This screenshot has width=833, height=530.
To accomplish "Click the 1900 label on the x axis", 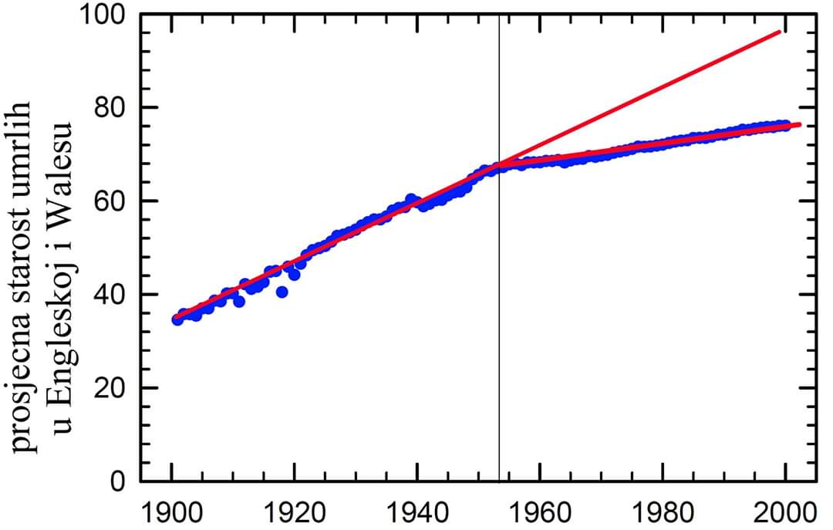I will (172, 511).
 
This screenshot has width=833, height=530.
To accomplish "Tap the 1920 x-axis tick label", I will (294, 511).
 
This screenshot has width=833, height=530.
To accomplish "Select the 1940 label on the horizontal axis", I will (416, 511).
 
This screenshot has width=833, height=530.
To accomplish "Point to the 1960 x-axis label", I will (539, 511).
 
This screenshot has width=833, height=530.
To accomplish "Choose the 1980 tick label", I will (662, 511).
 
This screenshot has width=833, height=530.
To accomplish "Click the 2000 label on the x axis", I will (784, 511).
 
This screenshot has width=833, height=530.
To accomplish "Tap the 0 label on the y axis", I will (117, 481).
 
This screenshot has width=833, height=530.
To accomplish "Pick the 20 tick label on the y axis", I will (108, 388).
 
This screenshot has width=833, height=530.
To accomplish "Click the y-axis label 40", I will (108, 295).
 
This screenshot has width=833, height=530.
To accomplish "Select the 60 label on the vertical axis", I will (108, 201).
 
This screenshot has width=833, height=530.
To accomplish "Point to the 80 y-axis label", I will (108, 108).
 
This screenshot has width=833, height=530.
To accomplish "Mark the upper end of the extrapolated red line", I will (781, 32).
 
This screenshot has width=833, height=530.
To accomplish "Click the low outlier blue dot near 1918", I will (282, 292).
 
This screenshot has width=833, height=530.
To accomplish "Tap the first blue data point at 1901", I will (177, 319).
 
